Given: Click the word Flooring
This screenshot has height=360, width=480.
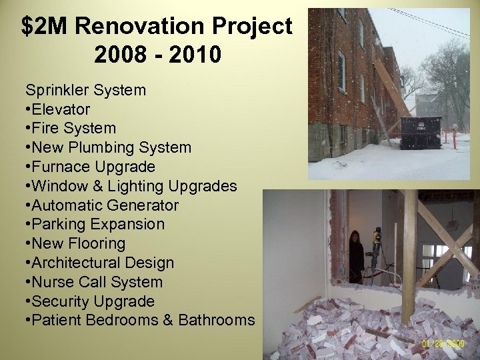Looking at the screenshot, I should tap(97, 243).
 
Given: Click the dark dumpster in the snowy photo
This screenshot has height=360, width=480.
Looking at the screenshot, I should tap(420, 132).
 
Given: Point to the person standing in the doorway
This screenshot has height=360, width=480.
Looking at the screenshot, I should tap(357, 255).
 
